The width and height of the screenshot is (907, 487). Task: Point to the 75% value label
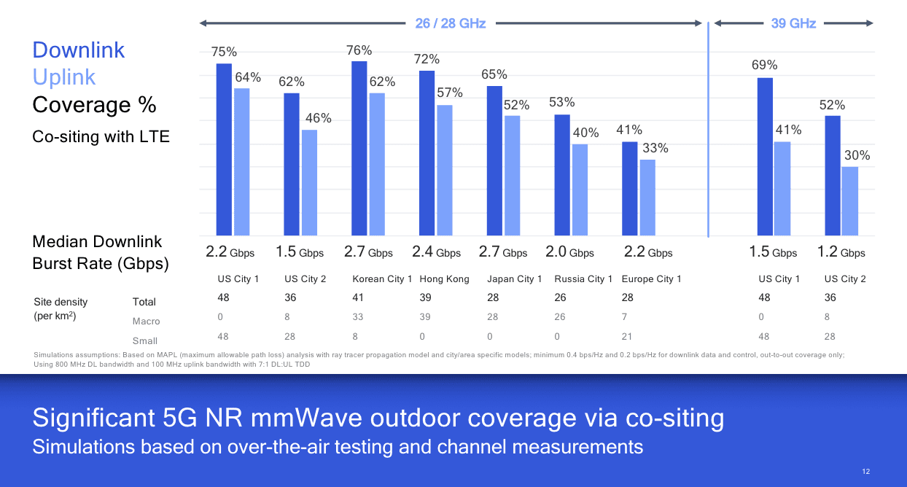(224, 52)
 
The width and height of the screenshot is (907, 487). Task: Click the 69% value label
(764, 65)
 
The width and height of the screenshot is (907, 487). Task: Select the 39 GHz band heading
(793, 23)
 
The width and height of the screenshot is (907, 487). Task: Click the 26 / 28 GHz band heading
(450, 23)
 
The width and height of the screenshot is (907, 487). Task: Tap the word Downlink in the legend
(79, 50)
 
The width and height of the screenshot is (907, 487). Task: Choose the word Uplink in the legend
(64, 77)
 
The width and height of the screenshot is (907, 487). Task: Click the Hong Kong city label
(444, 278)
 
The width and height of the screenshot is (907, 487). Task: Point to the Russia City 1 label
(583, 278)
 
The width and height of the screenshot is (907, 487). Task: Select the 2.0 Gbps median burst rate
(569, 252)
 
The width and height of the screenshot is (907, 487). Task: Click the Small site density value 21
(627, 336)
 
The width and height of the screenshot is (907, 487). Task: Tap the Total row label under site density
(144, 302)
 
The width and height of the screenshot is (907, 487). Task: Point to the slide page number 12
(865, 472)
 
